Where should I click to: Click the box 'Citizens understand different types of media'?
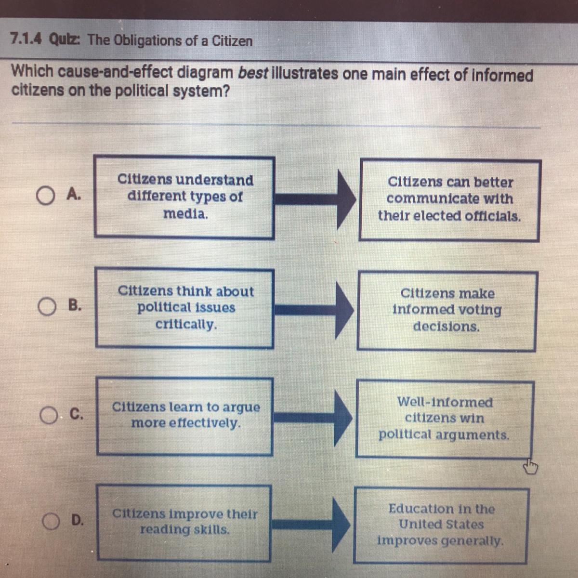(x=184, y=197)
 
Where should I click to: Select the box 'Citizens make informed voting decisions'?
(x=447, y=310)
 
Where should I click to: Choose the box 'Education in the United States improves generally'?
(x=441, y=525)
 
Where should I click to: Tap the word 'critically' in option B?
(x=186, y=325)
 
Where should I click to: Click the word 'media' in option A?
(x=185, y=214)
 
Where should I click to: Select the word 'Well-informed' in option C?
(x=445, y=402)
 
